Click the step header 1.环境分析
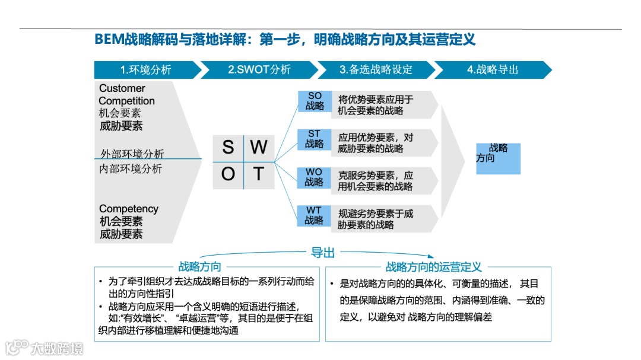pos(145,70)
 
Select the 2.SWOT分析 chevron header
pos(259,70)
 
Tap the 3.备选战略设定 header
pos(376,70)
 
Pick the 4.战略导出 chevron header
pos(493,70)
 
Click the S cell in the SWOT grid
pos(228,148)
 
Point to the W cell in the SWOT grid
pos(259,148)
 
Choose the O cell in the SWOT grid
pos(228,175)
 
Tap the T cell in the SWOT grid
pos(259,175)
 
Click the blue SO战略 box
pos(315,101)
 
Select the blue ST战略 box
pos(315,139)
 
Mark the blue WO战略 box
pos(315,177)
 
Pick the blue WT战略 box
pos(315,216)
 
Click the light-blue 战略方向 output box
pos(498,158)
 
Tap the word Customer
pos(122,88)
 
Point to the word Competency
pos(129,209)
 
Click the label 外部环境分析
pos(132,154)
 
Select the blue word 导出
pos(323,253)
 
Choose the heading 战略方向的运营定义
pos(434,267)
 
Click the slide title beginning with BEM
pos(285,40)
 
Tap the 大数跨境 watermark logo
pos(45,348)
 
